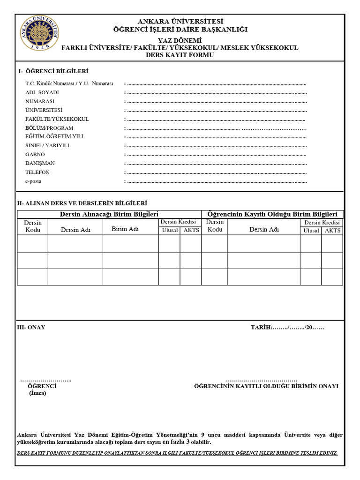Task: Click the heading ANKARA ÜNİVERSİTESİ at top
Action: pos(180,22)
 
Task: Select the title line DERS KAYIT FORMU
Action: pos(180,55)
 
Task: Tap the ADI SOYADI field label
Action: pos(42,92)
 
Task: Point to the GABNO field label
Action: pos(35,154)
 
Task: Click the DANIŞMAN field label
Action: pos(40,163)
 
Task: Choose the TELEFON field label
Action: pos(37,172)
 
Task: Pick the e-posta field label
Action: pos(33,181)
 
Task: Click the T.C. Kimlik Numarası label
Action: pos(69,83)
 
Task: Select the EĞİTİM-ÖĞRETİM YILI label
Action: pos(54,136)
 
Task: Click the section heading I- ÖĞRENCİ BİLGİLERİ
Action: pos(53,71)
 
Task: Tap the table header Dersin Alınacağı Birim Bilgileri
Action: pos(109,214)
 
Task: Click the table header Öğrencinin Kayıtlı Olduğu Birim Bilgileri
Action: pos(272,214)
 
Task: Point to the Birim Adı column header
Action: pos(125,229)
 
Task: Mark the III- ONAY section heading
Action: pos(31,327)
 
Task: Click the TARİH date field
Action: pos(287,327)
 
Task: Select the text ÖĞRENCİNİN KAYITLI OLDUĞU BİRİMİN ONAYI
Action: pos(266,386)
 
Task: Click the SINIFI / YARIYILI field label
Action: pos(47,145)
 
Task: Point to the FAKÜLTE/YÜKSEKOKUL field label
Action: pos(57,119)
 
